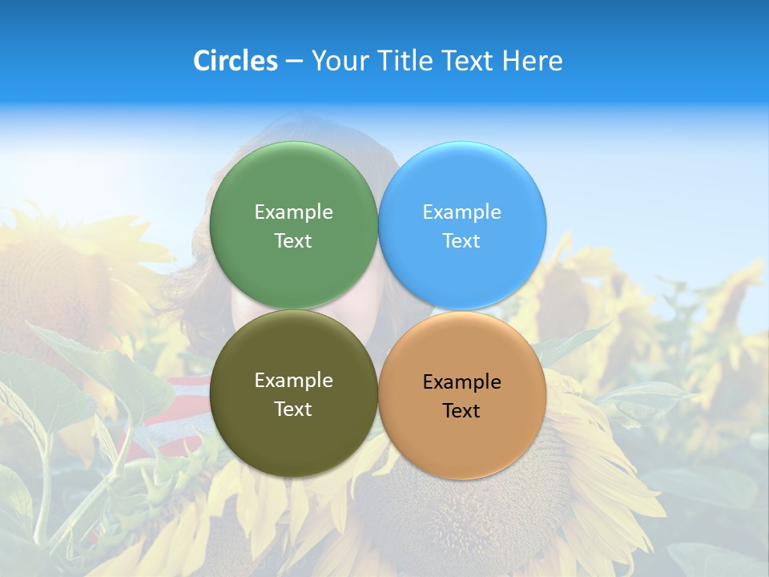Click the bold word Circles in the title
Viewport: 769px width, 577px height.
click(235, 61)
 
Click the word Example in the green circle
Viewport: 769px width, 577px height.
click(293, 212)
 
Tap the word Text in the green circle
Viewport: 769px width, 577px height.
click(293, 240)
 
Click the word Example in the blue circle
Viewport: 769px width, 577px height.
click(462, 212)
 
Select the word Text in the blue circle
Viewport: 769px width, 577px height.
click(462, 240)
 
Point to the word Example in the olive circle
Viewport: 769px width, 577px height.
click(293, 381)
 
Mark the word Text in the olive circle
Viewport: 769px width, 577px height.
click(293, 409)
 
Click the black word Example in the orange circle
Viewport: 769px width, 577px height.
click(462, 382)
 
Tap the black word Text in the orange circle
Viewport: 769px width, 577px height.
click(462, 411)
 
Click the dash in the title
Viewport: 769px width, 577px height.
click(293, 61)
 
